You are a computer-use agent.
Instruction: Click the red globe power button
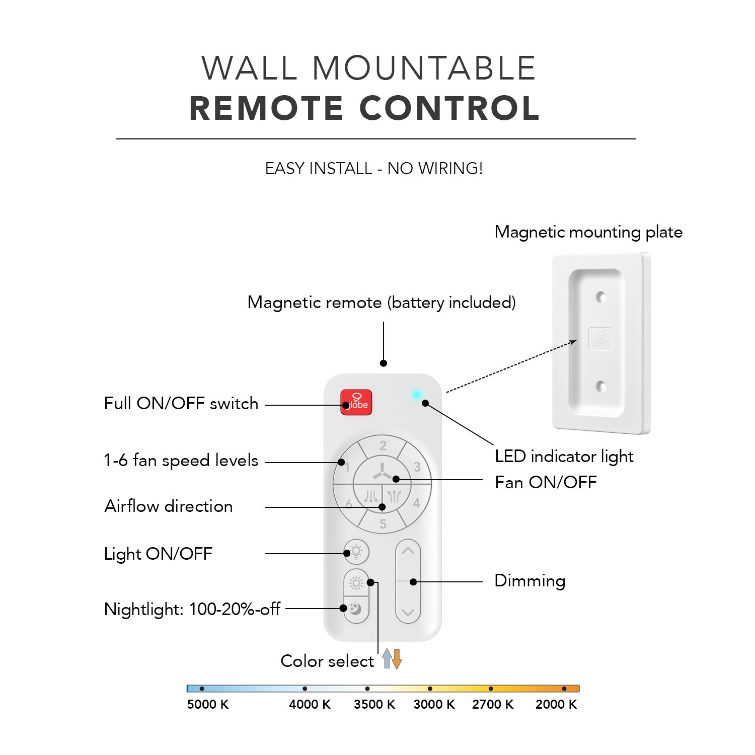pyautogui.click(x=356, y=402)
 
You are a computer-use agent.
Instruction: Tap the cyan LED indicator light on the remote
pyautogui.click(x=417, y=395)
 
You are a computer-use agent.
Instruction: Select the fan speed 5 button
pyautogui.click(x=383, y=522)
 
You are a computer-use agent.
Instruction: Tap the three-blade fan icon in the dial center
pyautogui.click(x=382, y=472)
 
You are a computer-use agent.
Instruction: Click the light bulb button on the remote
pyautogui.click(x=356, y=552)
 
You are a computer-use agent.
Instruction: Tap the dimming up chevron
pyautogui.click(x=408, y=551)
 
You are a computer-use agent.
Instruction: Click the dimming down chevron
pyautogui.click(x=408, y=613)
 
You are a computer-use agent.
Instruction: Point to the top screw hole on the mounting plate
pyautogui.click(x=600, y=297)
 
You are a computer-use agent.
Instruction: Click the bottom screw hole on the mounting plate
pyautogui.click(x=600, y=387)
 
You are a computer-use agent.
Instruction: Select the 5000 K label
pyautogui.click(x=208, y=704)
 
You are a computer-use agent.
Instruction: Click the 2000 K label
pyautogui.click(x=556, y=704)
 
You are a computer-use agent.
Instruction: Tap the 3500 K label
pyautogui.click(x=374, y=704)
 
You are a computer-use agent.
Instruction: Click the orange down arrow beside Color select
pyautogui.click(x=397, y=659)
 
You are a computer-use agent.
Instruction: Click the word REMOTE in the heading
pyautogui.click(x=267, y=108)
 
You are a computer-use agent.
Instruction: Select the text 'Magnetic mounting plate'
pyautogui.click(x=588, y=232)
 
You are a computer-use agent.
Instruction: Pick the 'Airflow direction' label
pyautogui.click(x=169, y=506)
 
